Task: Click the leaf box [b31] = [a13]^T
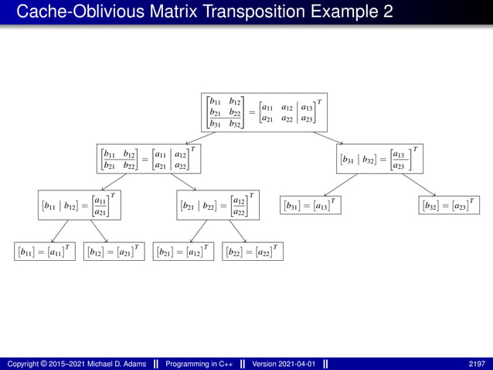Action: [309, 206]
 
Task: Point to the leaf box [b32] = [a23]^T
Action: [448, 206]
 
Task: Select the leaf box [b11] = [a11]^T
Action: [44, 252]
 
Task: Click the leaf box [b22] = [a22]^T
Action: [252, 252]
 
